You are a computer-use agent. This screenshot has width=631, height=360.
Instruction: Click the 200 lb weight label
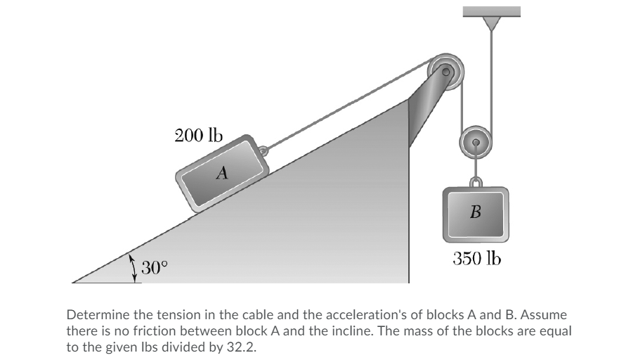point(197,135)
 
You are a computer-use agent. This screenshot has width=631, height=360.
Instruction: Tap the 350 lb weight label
point(476,258)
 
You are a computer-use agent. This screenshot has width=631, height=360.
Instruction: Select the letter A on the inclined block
point(222,172)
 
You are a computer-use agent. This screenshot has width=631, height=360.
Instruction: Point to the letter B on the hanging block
point(475,212)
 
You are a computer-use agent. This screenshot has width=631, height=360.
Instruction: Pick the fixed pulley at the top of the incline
point(446,70)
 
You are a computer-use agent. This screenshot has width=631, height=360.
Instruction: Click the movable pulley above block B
point(476,142)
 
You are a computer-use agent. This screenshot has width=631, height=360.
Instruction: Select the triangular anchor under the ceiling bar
point(491,23)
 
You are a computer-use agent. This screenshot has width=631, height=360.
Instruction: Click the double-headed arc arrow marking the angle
point(133,269)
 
